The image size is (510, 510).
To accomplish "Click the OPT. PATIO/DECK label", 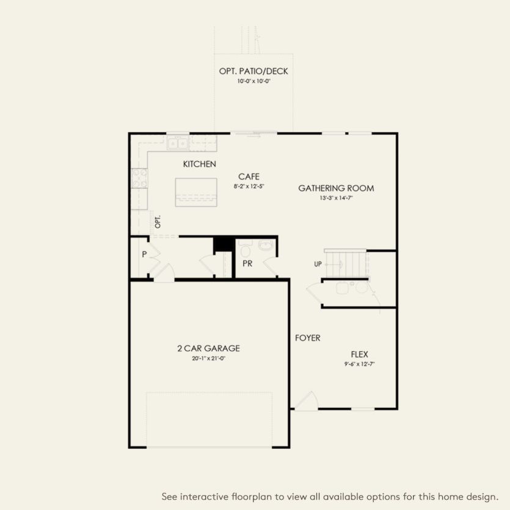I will coord(253,71).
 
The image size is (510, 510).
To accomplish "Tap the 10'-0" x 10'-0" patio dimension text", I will coord(253,81).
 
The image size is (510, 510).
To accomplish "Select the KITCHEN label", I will coord(199,164).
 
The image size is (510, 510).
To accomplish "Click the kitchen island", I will coord(196,192).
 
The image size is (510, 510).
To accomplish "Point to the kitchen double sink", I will coord(178,144).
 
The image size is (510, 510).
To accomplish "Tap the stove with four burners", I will coord(140,178).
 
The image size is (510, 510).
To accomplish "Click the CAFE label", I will coord(249,177).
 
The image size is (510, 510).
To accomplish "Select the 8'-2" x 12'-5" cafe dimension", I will coord(249,186).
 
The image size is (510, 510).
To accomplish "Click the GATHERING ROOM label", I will coord(336,188).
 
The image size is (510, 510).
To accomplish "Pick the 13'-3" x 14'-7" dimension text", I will coord(336,198).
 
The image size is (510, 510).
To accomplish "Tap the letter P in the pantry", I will coord(145,254).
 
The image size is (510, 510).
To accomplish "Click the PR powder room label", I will coord(247,264).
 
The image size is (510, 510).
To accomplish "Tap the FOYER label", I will coord(307,338).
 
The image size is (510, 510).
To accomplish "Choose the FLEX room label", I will coord(359,354).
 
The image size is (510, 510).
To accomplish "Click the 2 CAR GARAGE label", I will coord(208,349).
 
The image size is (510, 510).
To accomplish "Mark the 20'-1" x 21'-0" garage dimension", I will coord(208,359).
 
